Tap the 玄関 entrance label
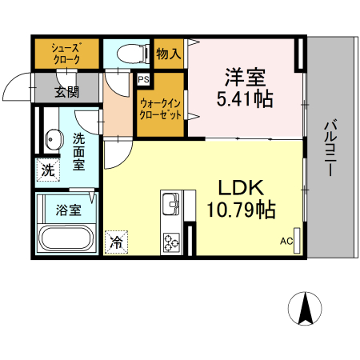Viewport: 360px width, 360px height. [66, 91]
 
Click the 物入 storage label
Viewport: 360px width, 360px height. [169, 54]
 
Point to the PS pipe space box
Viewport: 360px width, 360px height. [143, 79]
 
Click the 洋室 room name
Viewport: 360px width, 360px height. [244, 78]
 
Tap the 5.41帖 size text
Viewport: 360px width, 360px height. [244, 100]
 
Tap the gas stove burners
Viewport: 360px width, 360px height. [173, 241]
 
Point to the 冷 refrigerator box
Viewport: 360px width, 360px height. [117, 240]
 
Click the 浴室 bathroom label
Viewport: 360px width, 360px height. [67, 211]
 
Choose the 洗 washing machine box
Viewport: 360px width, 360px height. [47, 170]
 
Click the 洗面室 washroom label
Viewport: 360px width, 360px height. [79, 151]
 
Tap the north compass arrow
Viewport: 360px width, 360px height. [306, 308]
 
